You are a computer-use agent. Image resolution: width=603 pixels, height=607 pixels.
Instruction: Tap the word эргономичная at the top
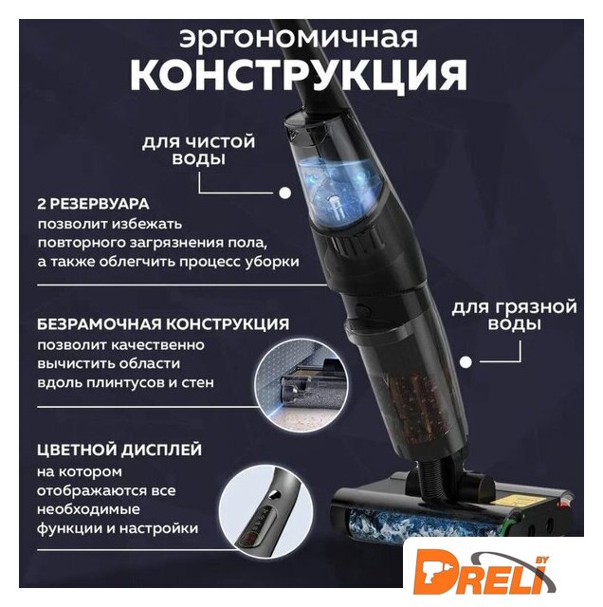299,38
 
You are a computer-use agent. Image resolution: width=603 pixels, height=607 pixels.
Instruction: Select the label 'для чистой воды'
198,150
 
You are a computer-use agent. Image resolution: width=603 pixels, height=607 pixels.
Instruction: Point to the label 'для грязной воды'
514,316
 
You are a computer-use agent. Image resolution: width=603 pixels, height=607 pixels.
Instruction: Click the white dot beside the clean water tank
285,193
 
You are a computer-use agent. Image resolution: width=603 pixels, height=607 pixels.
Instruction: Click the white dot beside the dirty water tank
466,362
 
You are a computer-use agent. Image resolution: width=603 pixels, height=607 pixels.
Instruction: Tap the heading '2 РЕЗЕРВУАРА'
93,204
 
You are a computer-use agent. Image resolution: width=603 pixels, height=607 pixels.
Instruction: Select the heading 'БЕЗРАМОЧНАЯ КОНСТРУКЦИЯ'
163,324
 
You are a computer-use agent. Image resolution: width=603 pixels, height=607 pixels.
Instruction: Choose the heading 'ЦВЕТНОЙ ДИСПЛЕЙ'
119,450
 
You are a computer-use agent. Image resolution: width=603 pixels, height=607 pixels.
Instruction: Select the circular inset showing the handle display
266,511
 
